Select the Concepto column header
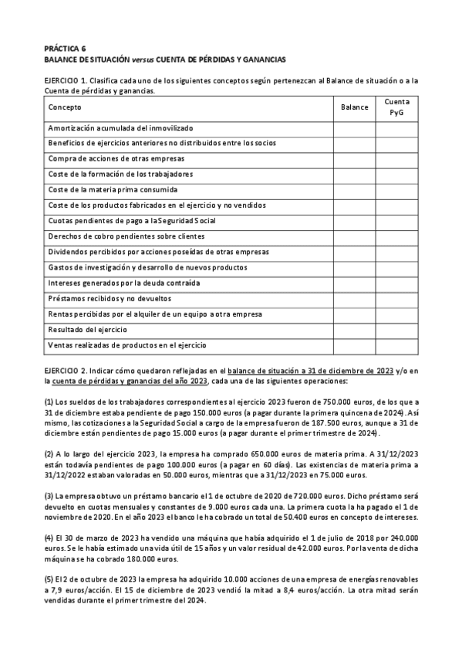coord(64,107)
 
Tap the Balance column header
coord(354,107)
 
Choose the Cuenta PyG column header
coord(396,107)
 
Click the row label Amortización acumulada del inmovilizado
coord(120,127)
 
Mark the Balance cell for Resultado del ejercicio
coord(354,330)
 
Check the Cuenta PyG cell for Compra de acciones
coord(396,158)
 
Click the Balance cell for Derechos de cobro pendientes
coord(354,236)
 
